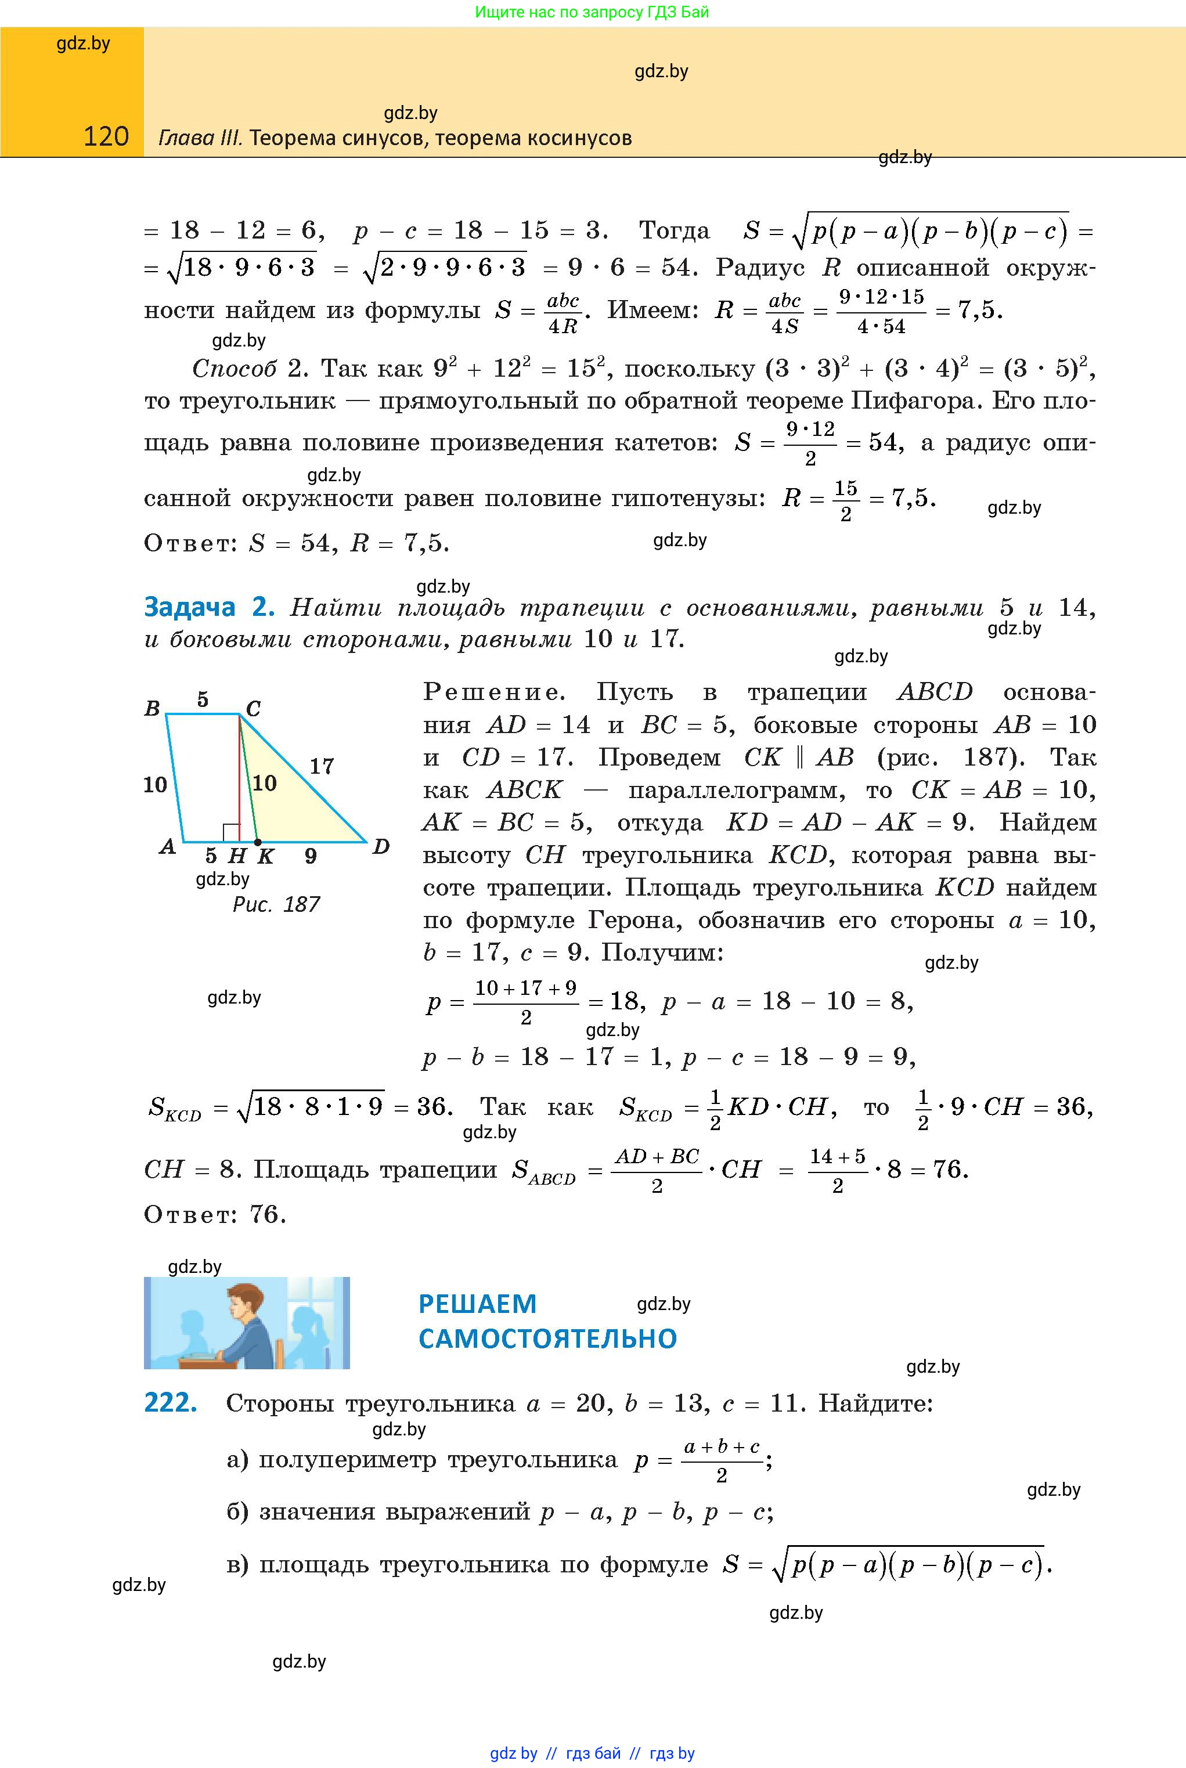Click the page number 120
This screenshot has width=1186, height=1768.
tap(106, 136)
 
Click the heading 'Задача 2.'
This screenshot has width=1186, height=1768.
tap(207, 607)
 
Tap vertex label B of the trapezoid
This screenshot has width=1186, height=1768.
tap(152, 709)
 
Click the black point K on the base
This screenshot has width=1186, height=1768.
tap(258, 842)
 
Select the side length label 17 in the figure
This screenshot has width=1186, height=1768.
tap(322, 766)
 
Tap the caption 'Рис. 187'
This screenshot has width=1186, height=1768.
tap(276, 904)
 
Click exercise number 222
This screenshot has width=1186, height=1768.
tap(170, 1403)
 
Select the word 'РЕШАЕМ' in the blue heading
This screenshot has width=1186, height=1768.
tap(477, 1304)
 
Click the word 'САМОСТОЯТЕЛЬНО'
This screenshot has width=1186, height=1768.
tap(547, 1338)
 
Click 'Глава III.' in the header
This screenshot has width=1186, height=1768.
tap(200, 138)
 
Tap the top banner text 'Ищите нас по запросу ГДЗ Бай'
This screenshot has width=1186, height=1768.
tap(592, 12)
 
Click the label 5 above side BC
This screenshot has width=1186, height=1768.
tap(203, 699)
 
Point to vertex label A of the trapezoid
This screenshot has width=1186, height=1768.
tap(168, 847)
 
